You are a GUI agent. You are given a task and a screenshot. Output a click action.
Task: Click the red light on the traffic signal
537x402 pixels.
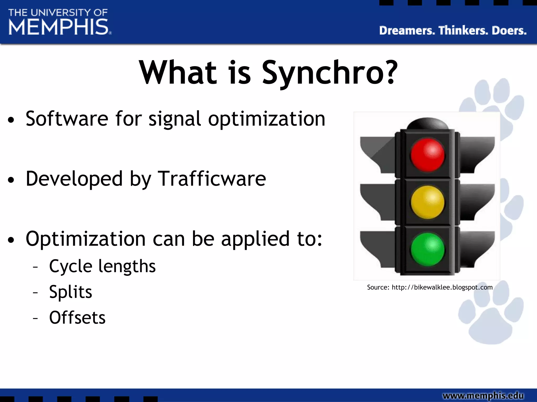tap(427, 155)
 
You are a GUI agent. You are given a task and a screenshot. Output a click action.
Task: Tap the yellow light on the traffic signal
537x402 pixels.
tap(427, 202)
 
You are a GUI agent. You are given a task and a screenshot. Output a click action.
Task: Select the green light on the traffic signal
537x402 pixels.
tap(427, 249)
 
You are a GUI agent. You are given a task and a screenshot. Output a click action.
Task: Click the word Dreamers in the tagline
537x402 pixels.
tap(407, 31)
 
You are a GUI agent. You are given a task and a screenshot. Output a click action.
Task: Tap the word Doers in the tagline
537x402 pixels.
tap(509, 31)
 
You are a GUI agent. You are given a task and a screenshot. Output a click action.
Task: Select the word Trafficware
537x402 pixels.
tap(212, 179)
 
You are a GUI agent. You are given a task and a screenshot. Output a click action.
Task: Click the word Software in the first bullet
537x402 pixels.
tap(67, 119)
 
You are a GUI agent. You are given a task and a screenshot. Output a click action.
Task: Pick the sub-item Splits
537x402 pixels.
tap(71, 292)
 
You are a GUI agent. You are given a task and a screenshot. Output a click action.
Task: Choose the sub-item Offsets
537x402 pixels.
tap(77, 318)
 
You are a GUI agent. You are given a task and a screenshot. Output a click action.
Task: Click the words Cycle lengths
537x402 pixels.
tap(102, 266)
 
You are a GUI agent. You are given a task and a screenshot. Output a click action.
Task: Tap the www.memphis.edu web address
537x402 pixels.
tap(483, 395)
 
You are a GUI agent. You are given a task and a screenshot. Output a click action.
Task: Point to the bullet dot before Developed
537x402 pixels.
tap(11, 180)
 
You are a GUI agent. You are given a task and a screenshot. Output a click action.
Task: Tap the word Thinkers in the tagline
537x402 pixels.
tap(463, 31)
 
